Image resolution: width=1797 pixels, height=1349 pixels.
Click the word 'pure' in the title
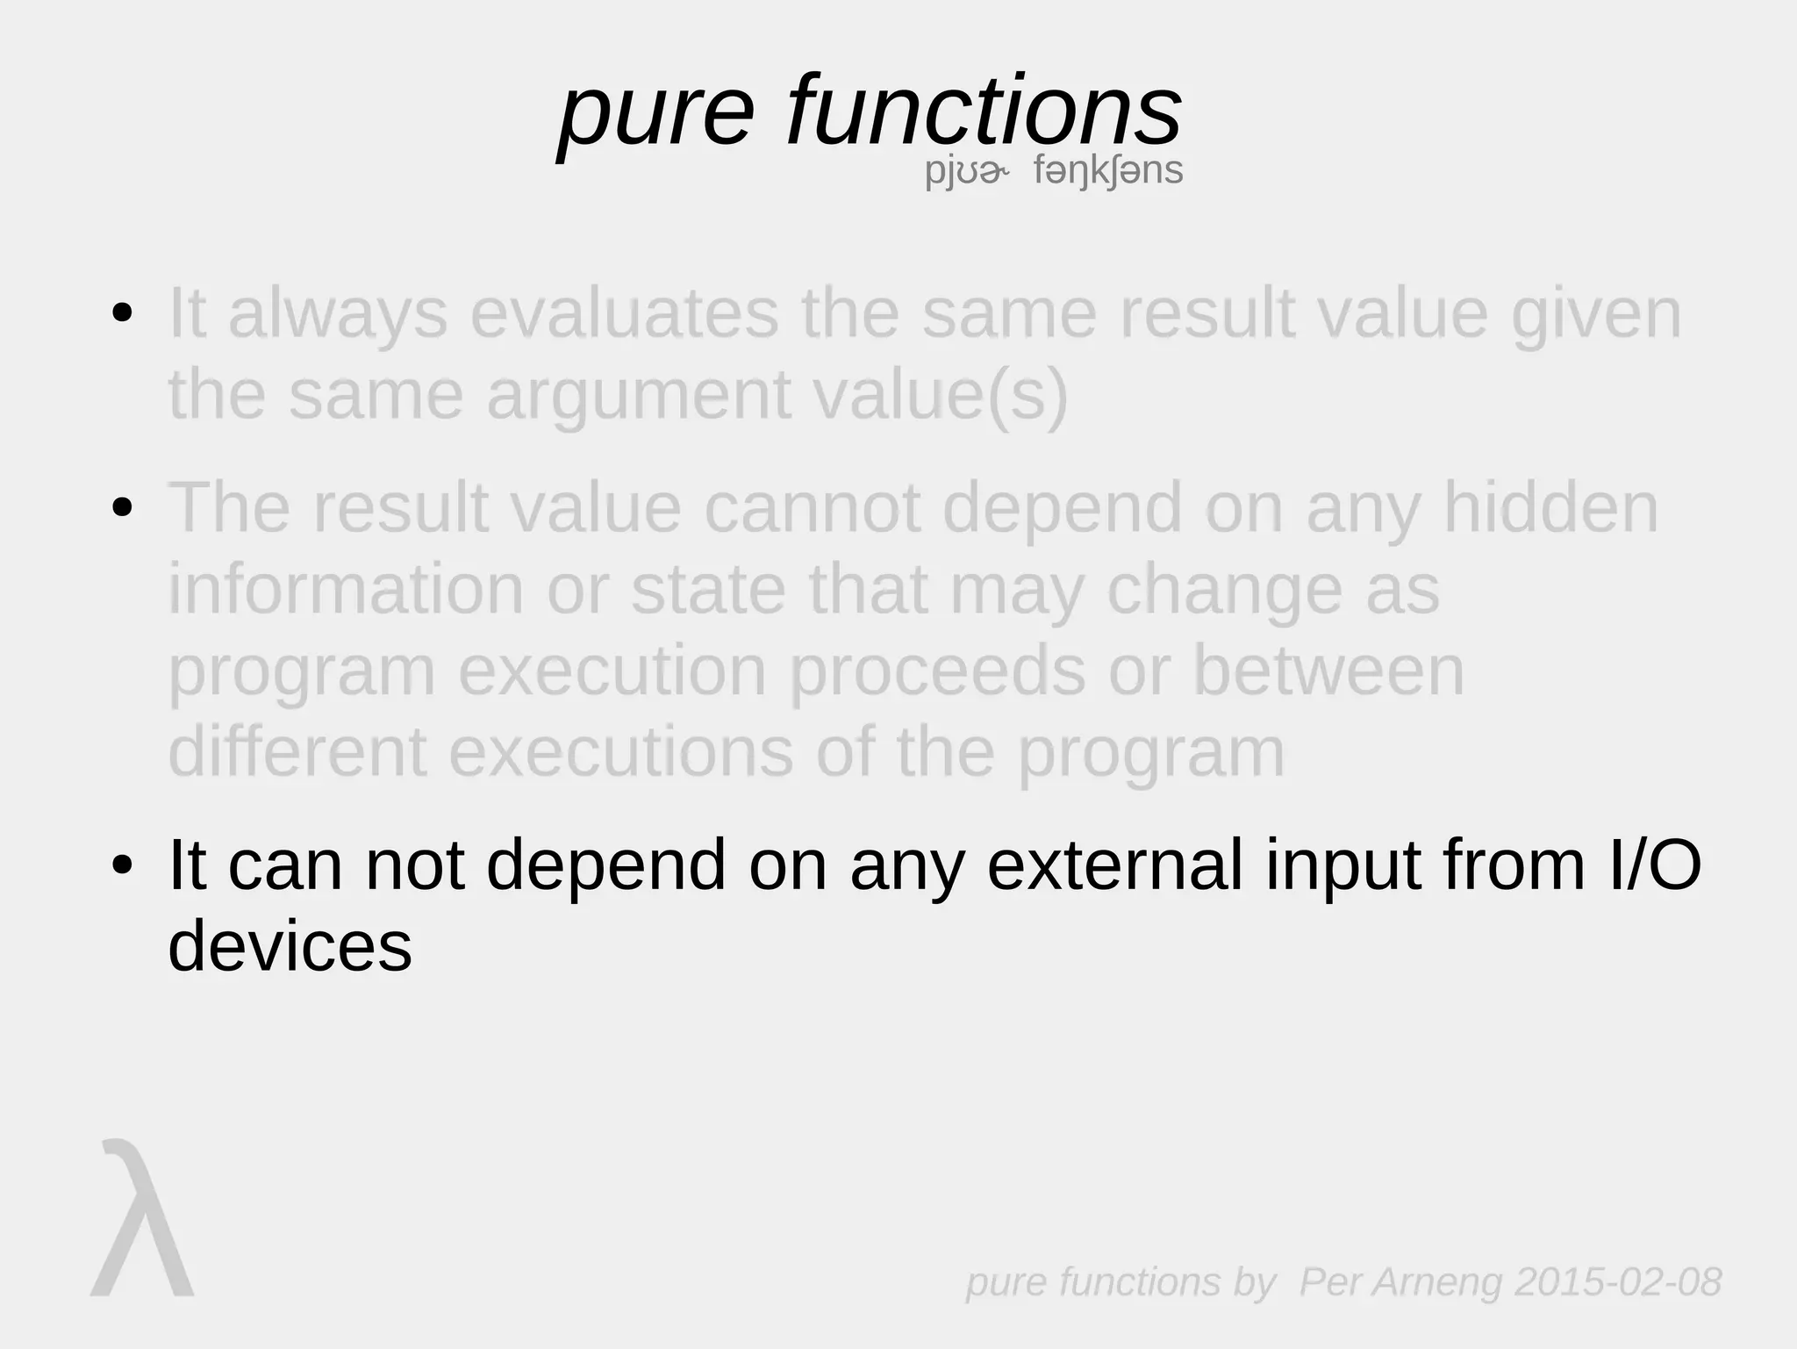(x=656, y=114)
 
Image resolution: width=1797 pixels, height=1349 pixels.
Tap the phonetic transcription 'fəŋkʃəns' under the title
(x=1108, y=170)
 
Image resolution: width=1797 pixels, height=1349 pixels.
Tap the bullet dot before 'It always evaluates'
(x=123, y=313)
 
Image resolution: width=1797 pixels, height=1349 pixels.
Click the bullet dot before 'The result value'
(x=123, y=507)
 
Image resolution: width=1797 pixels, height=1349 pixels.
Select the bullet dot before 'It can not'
(x=123, y=865)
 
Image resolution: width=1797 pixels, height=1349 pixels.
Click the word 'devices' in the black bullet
(x=290, y=946)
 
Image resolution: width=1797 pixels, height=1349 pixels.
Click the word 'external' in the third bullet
(x=1114, y=865)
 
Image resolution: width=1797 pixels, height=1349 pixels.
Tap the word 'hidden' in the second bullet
(x=1550, y=507)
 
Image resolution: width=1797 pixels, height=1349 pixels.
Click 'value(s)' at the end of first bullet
(x=941, y=395)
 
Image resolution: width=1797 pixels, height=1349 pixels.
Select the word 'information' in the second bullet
(x=346, y=589)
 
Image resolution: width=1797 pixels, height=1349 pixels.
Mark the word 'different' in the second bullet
(x=297, y=752)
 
